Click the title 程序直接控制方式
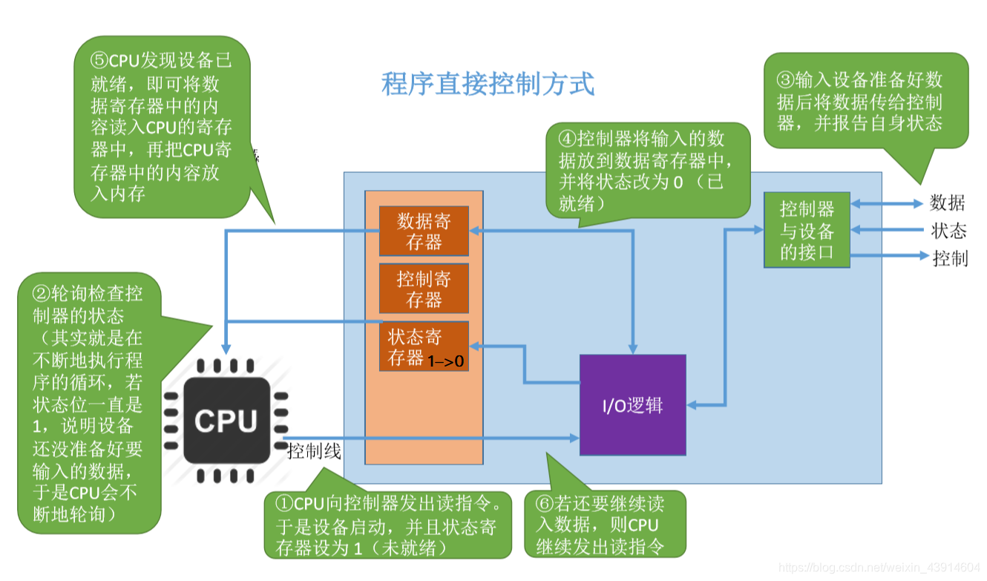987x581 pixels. click(488, 84)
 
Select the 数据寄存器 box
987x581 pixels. click(424, 232)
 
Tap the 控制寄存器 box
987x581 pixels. click(424, 289)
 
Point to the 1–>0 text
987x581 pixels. click(446, 361)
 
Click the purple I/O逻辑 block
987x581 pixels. click(632, 405)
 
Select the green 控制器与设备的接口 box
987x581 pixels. click(807, 229)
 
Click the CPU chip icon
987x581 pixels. click(226, 421)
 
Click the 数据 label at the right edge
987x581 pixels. click(948, 203)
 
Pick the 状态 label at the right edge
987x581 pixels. click(949, 231)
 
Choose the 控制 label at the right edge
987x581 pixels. click(950, 258)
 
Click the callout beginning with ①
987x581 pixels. click(387, 525)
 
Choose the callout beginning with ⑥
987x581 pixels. click(605, 524)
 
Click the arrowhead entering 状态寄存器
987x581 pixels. click(476, 346)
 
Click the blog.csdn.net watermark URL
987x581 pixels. click(880, 567)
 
